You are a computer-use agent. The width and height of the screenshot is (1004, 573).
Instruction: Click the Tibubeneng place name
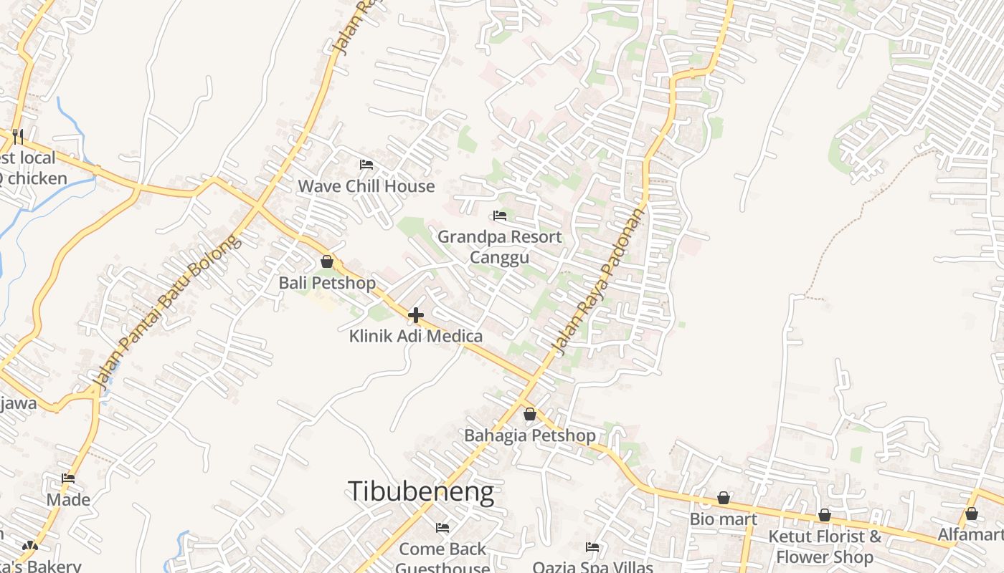click(421, 492)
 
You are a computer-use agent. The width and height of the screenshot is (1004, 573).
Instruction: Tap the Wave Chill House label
click(366, 186)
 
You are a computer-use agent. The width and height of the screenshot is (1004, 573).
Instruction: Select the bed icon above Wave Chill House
click(366, 165)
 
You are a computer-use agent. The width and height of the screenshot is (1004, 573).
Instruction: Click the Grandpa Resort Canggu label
click(500, 247)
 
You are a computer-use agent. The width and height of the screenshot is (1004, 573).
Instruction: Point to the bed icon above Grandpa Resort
click(500, 215)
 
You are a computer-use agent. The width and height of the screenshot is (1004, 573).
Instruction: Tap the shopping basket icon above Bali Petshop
click(327, 261)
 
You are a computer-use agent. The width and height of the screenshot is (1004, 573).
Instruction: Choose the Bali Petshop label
click(327, 283)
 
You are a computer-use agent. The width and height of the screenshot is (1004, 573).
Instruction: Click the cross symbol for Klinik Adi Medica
click(416, 314)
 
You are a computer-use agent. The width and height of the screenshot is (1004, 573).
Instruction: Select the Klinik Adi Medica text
click(416, 336)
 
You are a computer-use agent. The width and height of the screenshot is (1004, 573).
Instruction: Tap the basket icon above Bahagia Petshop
click(530, 414)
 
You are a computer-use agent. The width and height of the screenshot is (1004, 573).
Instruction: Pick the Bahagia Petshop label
click(530, 435)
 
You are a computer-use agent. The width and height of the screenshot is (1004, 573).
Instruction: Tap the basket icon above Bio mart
click(724, 498)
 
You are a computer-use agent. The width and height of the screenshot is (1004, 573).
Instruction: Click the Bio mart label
click(724, 519)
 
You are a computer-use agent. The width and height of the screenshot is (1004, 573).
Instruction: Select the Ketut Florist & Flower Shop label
click(825, 546)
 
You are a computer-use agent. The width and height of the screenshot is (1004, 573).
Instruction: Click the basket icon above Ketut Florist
click(825, 515)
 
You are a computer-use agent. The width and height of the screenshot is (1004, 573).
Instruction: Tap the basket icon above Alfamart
click(972, 514)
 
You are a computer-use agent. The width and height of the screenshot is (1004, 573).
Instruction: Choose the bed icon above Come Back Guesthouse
click(442, 528)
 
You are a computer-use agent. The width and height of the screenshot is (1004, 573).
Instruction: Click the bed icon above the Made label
click(68, 478)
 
